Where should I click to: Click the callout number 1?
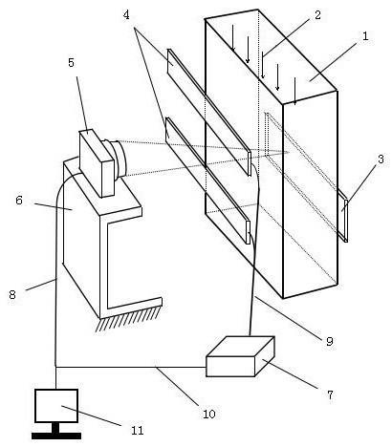(365, 35)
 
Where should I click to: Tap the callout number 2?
(317, 15)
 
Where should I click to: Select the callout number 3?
(381, 159)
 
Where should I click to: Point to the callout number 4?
(126, 14)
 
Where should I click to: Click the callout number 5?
(71, 62)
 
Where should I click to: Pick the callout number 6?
(19, 201)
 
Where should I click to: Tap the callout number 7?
(330, 394)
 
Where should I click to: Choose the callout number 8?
(12, 294)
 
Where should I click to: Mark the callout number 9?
(330, 341)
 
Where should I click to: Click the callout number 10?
(209, 414)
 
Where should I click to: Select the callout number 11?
(138, 431)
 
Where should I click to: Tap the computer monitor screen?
(56, 406)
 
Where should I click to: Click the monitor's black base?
(56, 436)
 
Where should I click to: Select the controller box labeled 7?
(240, 356)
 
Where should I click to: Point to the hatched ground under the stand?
(128, 319)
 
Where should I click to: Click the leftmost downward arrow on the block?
(233, 38)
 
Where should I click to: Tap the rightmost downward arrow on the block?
(294, 91)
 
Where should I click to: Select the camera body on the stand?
(97, 163)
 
